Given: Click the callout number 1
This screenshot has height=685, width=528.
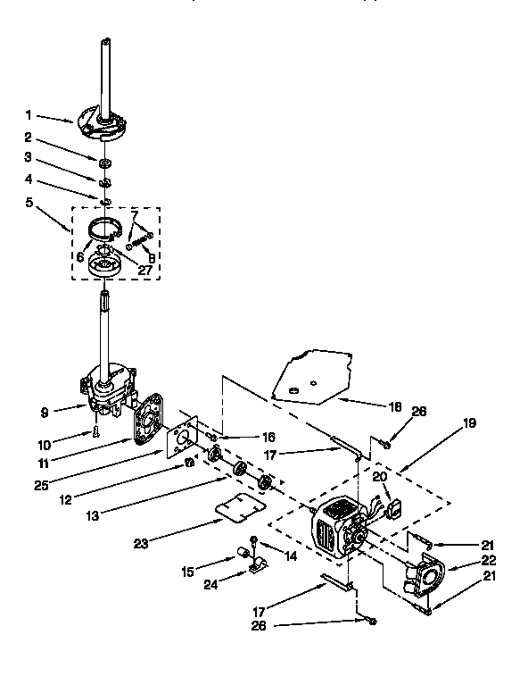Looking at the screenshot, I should [x=29, y=114].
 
